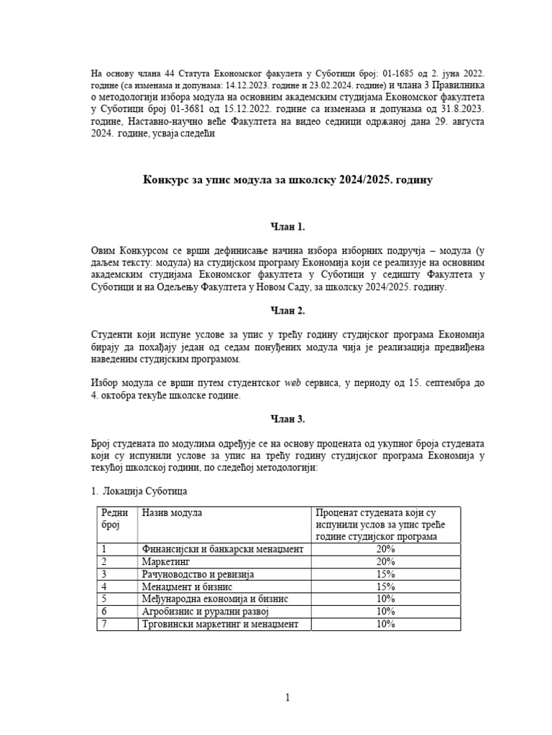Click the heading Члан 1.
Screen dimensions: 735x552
coord(287,227)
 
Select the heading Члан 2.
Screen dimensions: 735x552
coord(287,311)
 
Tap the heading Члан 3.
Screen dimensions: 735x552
coord(287,419)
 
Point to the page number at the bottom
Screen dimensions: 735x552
coord(287,697)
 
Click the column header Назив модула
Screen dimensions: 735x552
coord(172,512)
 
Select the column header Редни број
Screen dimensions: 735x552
coord(115,518)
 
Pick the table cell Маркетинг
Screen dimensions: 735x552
coord(167,561)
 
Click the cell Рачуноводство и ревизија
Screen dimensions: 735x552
coord(198,574)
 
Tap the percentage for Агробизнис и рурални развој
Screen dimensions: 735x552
coord(385,612)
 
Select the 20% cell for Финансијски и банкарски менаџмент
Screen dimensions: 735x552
coord(385,549)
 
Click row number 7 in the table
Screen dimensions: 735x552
coord(105,624)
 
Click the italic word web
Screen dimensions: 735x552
coord(293,383)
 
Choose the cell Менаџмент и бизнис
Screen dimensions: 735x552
coord(186,586)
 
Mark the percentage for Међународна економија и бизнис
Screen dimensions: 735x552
coord(385,599)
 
